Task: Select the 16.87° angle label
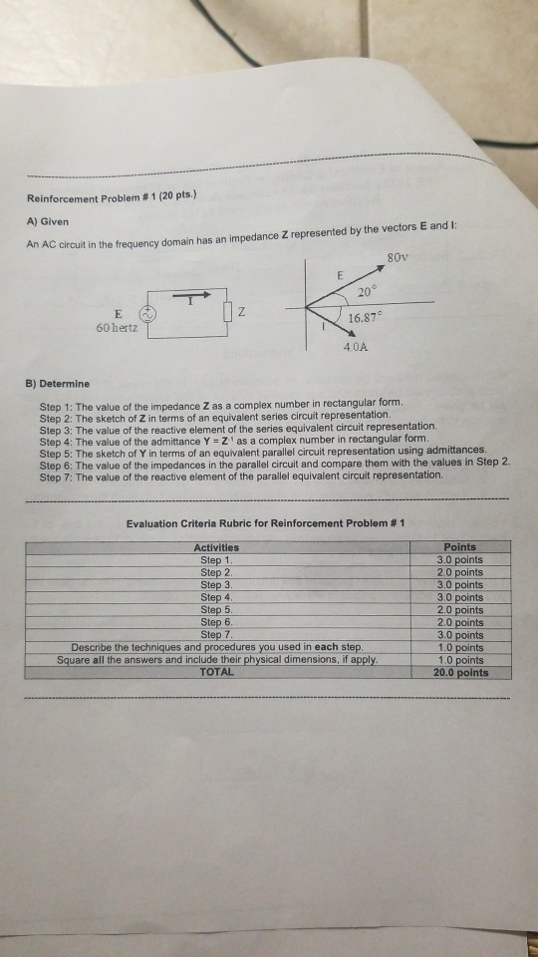tap(367, 317)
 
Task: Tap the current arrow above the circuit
tap(193, 295)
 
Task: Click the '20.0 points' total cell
tap(460, 672)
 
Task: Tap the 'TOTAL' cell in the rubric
tap(215, 672)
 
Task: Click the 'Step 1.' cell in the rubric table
tap(215, 559)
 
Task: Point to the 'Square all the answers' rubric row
tap(215, 659)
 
